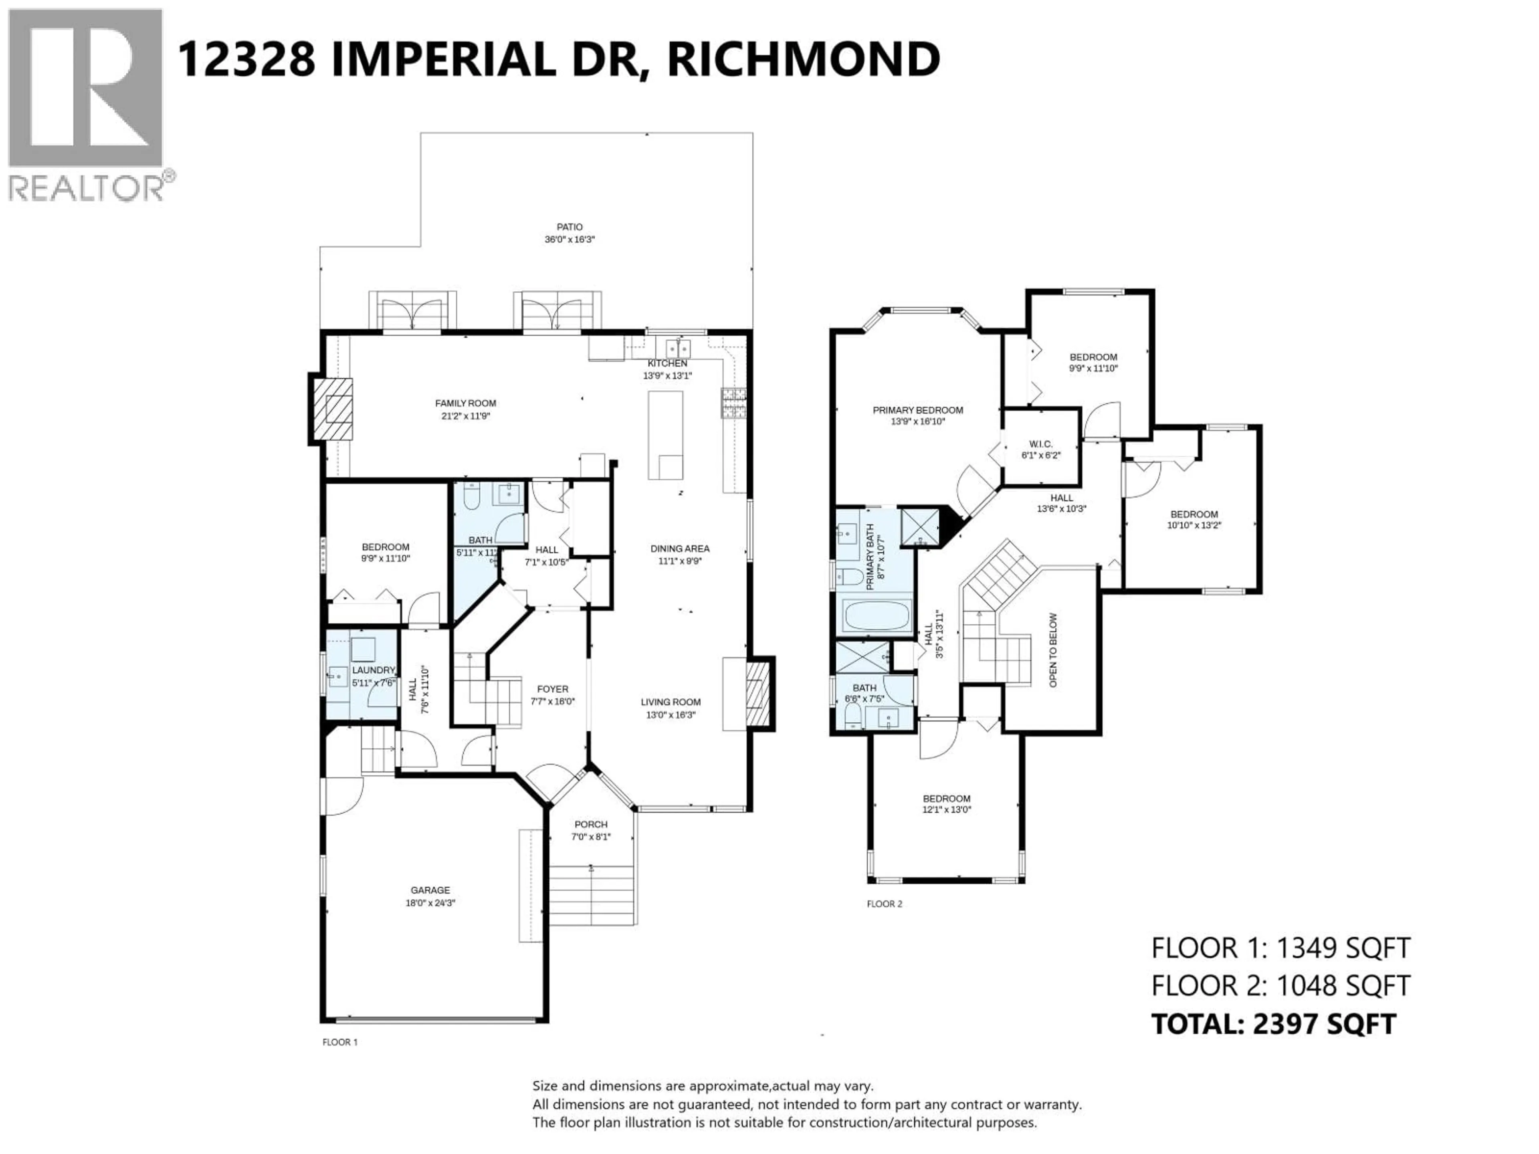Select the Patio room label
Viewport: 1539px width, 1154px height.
(x=569, y=227)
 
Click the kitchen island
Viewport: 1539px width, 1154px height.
(x=665, y=435)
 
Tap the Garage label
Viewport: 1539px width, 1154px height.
(x=430, y=890)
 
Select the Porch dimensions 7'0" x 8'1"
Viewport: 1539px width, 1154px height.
(x=591, y=837)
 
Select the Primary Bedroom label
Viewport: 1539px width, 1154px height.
(x=918, y=410)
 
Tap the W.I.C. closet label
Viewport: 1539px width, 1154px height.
(x=1041, y=444)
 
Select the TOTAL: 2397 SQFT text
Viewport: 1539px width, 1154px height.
(x=1273, y=1024)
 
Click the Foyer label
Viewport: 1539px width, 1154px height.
(x=552, y=689)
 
